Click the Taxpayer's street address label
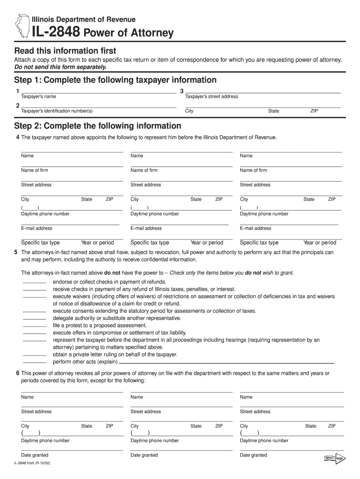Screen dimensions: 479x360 212,96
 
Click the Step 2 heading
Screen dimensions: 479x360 98,126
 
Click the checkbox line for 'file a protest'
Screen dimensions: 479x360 35,326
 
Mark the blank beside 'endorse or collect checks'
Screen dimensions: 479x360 35,283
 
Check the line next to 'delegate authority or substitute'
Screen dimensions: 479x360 35,319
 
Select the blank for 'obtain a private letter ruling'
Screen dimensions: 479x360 35,355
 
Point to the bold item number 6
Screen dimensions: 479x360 17,373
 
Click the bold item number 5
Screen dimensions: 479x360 17,252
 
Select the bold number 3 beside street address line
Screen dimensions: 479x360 182,91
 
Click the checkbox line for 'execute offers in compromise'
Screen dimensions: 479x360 35,333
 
